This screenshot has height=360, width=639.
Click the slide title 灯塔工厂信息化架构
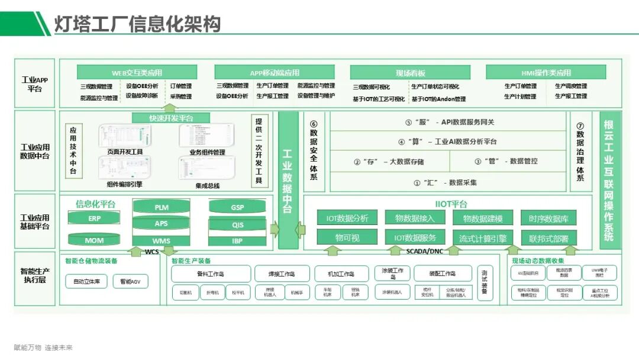[137, 24]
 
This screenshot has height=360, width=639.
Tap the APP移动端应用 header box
[274, 73]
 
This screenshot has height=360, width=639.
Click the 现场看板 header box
[411, 73]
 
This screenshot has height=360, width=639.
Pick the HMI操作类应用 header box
[546, 73]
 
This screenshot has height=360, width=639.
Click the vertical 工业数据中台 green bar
[288, 181]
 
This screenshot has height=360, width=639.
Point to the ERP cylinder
[95, 218]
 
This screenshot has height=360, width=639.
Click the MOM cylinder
[95, 240]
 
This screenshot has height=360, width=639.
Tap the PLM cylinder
[162, 208]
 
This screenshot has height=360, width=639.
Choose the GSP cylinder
[237, 208]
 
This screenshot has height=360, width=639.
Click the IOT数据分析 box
[347, 218]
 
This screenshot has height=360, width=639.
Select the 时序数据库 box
[548, 218]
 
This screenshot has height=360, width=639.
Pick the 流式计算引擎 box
[483, 238]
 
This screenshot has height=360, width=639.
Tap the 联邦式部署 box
[548, 238]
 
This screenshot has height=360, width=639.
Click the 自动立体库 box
[86, 281]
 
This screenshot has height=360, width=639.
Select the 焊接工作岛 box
[282, 274]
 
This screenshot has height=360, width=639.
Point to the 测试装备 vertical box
[484, 282]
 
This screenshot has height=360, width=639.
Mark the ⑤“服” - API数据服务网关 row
[449, 123]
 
